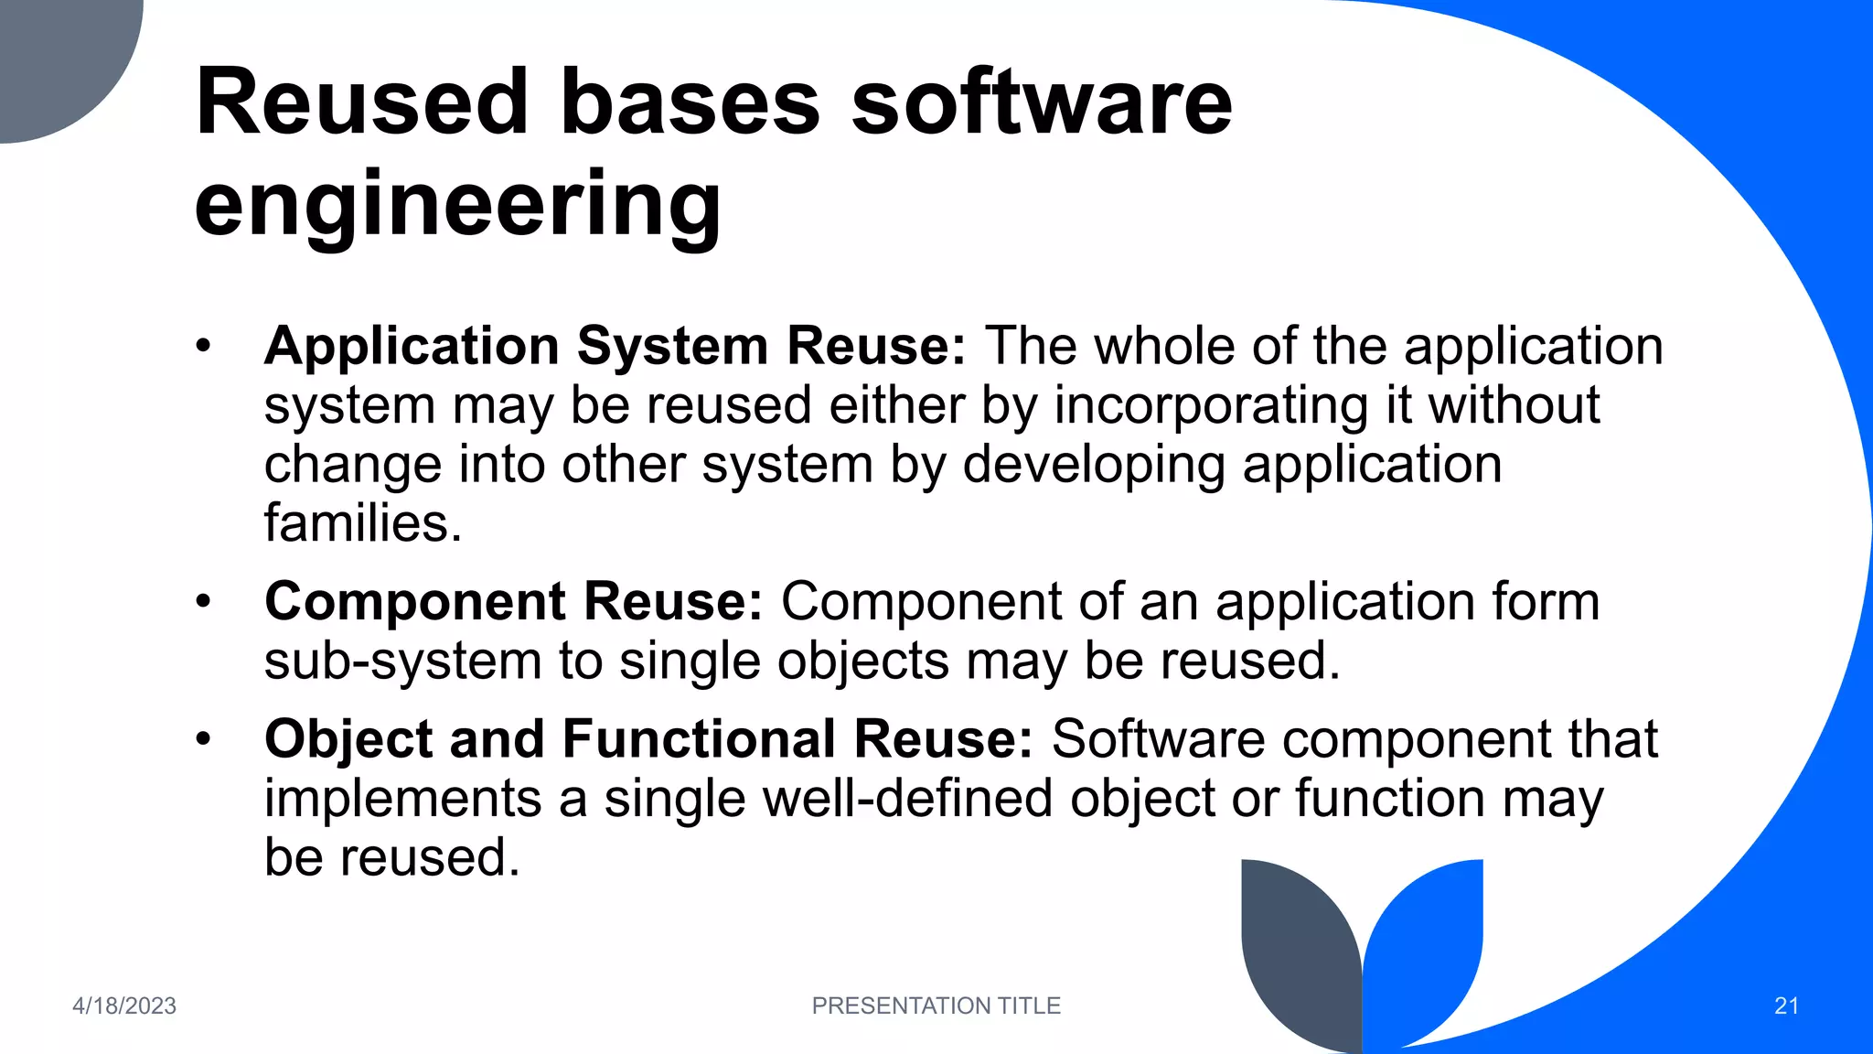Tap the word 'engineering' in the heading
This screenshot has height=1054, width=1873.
(457, 203)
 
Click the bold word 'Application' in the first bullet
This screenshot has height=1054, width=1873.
(412, 347)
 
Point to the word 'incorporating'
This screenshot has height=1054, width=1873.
(1211, 405)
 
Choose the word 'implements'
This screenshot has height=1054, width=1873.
(402, 799)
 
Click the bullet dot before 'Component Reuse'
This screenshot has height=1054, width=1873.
(203, 602)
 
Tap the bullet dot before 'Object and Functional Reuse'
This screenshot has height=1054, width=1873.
(203, 739)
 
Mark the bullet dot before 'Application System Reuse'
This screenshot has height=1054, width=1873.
(203, 347)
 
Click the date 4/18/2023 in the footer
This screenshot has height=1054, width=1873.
(124, 1006)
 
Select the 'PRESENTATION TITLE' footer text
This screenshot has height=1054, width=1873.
(936, 1006)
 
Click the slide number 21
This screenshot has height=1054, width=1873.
(1786, 1006)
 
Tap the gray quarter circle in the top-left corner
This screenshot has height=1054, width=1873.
(55, 55)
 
